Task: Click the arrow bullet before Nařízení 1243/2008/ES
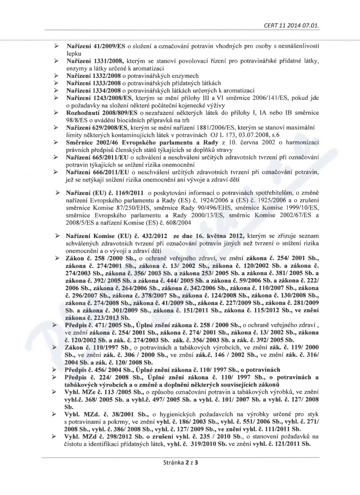(56, 98)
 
